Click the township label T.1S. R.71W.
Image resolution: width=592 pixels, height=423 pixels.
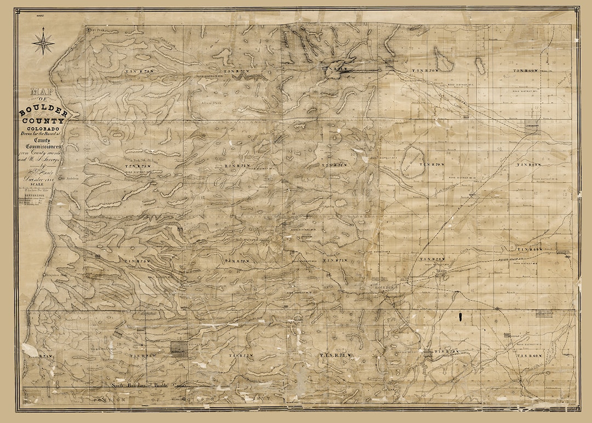point(335,356)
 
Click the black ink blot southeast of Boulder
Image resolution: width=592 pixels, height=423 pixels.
point(462,317)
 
